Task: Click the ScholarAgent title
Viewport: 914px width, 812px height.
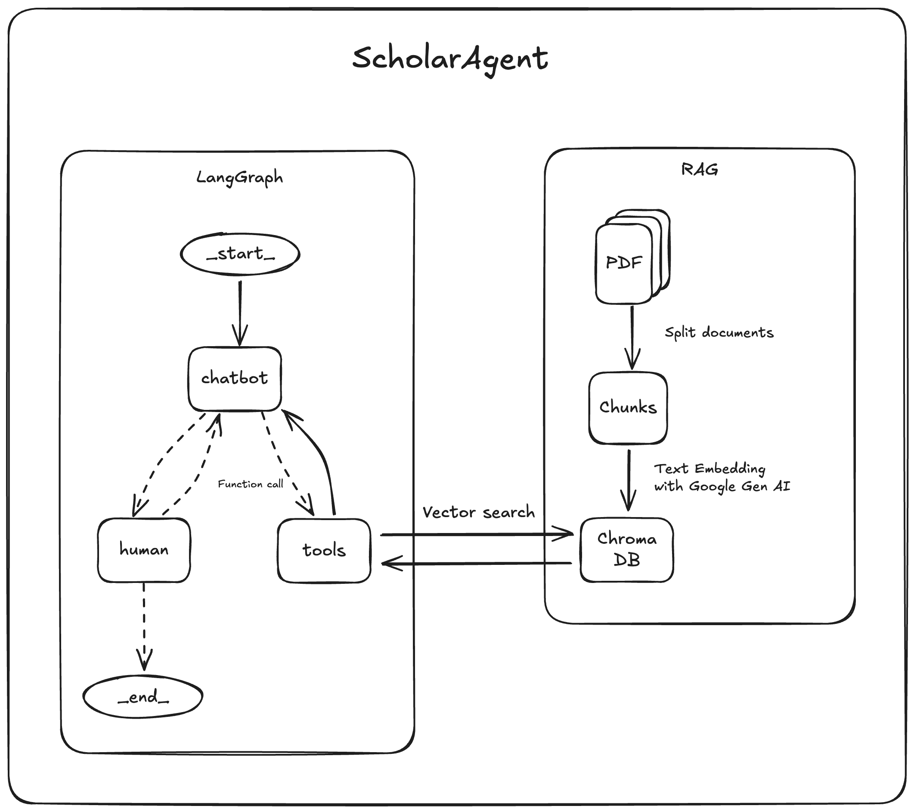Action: coord(450,59)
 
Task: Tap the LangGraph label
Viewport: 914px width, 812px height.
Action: coord(240,177)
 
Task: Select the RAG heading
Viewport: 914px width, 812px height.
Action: coord(699,170)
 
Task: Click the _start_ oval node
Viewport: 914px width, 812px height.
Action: coord(240,254)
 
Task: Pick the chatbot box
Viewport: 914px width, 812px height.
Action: coord(235,379)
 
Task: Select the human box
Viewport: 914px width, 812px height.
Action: coord(144,550)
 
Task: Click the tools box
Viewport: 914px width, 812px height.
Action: coord(324,550)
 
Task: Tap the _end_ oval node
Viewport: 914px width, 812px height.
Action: coord(143,697)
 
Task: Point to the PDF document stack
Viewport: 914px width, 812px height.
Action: coord(625,263)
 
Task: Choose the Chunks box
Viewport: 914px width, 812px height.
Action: coord(628,408)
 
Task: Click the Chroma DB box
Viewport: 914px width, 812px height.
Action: coord(627,549)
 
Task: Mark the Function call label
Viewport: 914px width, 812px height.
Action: coord(251,484)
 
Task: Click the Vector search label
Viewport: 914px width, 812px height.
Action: coord(478,512)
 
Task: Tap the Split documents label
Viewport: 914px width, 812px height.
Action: coord(719,333)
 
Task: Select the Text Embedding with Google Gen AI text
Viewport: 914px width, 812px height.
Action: coord(722,477)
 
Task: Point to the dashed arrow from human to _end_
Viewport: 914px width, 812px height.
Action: coord(144,626)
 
